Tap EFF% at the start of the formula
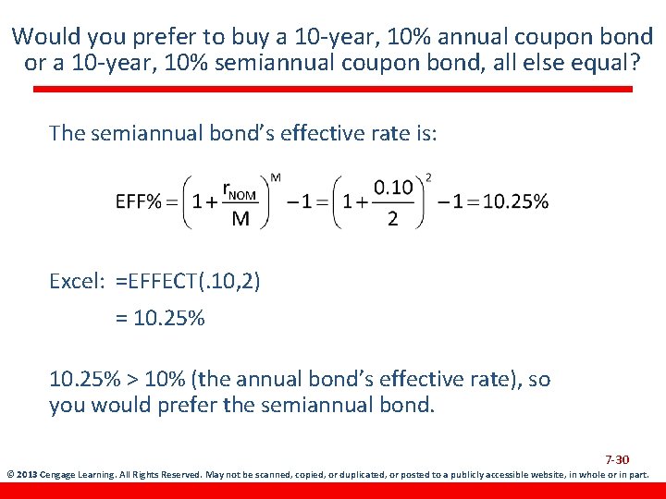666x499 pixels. pyautogui.click(x=138, y=201)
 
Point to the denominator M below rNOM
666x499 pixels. pyautogui.click(x=240, y=219)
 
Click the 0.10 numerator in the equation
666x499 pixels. pyautogui.click(x=393, y=188)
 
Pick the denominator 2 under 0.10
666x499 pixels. pyautogui.click(x=393, y=219)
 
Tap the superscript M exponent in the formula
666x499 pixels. pyautogui.click(x=276, y=176)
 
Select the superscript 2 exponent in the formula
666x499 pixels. pyautogui.click(x=427, y=176)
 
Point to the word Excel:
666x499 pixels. pyautogui.click(x=77, y=281)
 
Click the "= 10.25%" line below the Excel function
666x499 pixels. pyautogui.click(x=160, y=319)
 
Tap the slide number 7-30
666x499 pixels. pyautogui.click(x=617, y=459)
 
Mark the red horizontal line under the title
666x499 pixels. pyautogui.click(x=333, y=90)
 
